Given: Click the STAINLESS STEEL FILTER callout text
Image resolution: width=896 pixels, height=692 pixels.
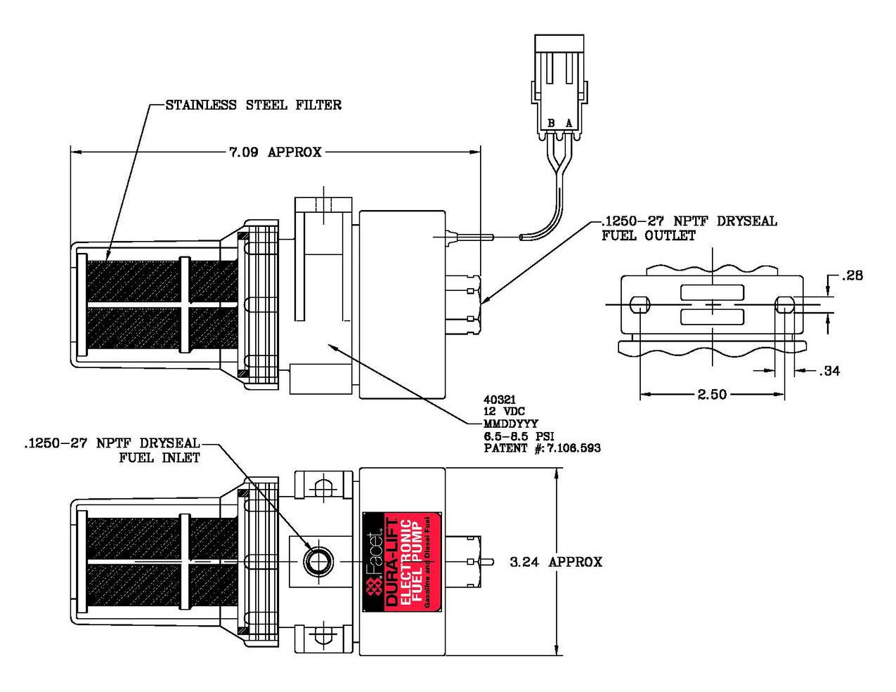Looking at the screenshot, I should (253, 105).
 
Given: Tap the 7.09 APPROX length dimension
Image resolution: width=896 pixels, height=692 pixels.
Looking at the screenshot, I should (275, 152).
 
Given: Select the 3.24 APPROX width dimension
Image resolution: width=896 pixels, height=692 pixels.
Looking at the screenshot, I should (555, 562).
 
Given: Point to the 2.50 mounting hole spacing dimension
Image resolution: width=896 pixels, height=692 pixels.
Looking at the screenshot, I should (712, 394).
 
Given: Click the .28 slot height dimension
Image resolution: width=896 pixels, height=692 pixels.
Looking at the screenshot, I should (852, 275).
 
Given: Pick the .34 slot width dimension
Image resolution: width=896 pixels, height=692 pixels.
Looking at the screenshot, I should (829, 370).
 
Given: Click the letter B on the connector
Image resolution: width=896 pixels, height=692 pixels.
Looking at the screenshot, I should (552, 124).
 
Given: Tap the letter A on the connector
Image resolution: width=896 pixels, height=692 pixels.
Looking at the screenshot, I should (569, 124).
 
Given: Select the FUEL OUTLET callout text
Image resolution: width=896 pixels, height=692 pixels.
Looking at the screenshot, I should (648, 236).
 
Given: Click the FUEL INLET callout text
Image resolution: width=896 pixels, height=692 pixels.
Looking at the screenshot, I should (160, 458).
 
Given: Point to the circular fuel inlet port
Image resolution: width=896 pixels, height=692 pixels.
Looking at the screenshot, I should (316, 561).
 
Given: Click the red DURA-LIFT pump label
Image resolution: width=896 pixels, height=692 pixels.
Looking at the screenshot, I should (401, 562).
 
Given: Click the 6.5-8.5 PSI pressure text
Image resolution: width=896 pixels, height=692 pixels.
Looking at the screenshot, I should (519, 436).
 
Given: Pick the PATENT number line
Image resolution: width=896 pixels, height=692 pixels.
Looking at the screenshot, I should (542, 448).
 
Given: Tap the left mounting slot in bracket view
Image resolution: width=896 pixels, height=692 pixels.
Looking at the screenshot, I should (639, 305).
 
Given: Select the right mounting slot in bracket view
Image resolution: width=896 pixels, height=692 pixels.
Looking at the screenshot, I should (784, 305).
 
